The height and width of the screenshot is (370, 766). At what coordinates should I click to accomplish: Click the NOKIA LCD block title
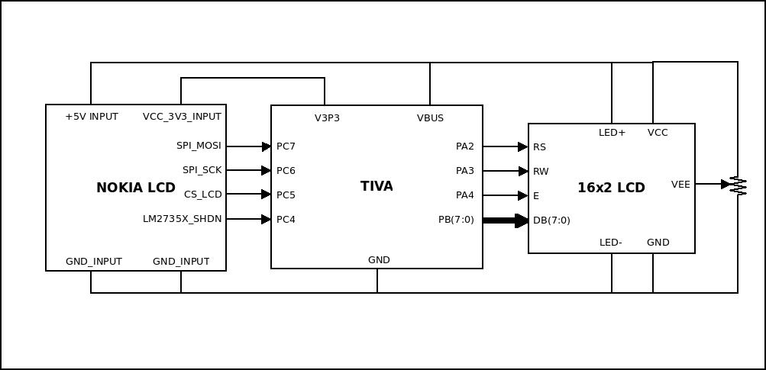pyautogui.click(x=136, y=188)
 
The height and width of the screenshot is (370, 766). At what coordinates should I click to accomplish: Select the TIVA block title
pyautogui.click(x=377, y=186)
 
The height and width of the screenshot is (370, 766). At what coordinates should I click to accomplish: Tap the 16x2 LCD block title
pyautogui.click(x=611, y=188)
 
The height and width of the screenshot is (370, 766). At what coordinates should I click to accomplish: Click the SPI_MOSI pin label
pyautogui.click(x=199, y=145)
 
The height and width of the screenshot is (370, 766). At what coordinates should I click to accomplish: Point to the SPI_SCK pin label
pyautogui.click(x=202, y=169)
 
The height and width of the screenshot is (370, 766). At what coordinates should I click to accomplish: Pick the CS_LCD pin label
pyautogui.click(x=202, y=195)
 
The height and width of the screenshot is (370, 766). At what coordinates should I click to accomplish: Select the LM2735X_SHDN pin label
pyautogui.click(x=182, y=219)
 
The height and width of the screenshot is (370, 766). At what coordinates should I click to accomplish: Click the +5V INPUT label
pyautogui.click(x=92, y=117)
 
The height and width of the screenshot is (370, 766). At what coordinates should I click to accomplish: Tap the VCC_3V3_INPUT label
pyautogui.click(x=182, y=117)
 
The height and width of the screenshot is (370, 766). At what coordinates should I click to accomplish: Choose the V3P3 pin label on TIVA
pyautogui.click(x=327, y=118)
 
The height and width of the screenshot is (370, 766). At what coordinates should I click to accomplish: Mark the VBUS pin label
pyautogui.click(x=430, y=118)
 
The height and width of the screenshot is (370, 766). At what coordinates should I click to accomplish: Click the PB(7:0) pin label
pyautogui.click(x=456, y=220)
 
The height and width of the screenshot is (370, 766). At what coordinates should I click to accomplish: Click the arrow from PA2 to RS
pyautogui.click(x=506, y=146)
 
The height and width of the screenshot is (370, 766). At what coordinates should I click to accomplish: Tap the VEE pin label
pyautogui.click(x=680, y=184)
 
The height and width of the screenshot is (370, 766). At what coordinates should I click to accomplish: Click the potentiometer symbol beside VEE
pyautogui.click(x=737, y=185)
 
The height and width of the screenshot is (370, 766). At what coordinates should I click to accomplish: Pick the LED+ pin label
pyautogui.click(x=612, y=133)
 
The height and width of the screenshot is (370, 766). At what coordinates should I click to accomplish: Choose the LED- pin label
pyautogui.click(x=611, y=243)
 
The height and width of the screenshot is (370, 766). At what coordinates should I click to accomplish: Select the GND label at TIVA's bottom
pyautogui.click(x=379, y=259)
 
